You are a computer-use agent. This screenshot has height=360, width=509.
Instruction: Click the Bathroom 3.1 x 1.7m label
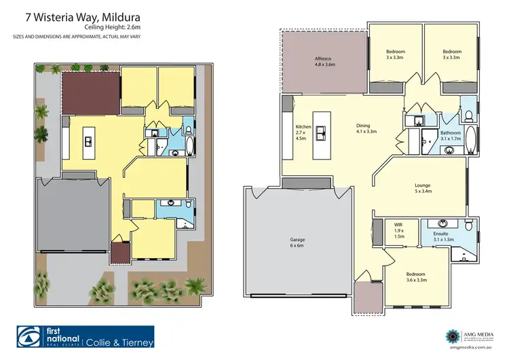tap(450, 136)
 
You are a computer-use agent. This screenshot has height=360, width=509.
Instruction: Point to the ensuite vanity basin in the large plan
tap(442, 223)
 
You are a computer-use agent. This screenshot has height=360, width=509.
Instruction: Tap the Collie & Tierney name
tap(119, 342)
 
